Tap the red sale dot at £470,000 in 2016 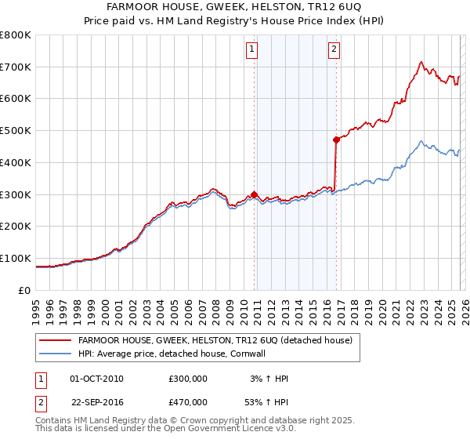tap(336, 140)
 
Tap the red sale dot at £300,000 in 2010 tap(255, 194)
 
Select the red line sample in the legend tap(56, 340)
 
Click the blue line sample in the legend tap(56, 354)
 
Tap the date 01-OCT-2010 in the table tap(96, 379)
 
